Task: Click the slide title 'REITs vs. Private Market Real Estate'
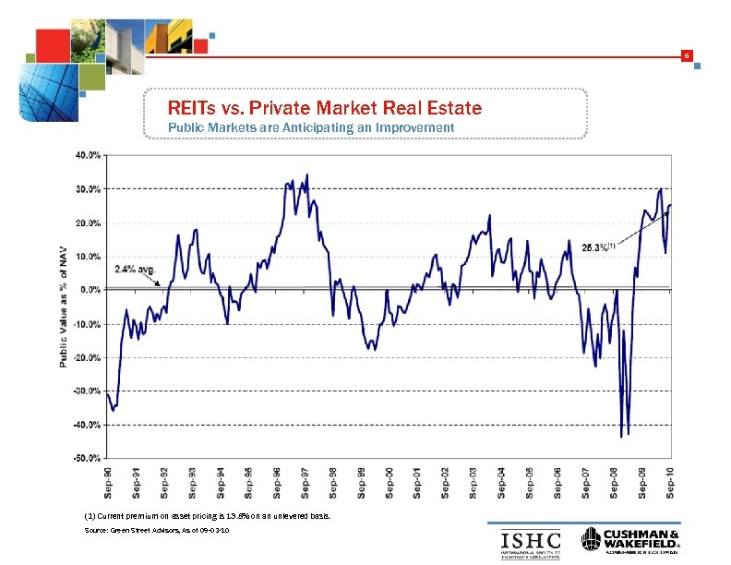[x=324, y=109]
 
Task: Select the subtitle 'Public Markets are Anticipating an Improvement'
[x=310, y=126]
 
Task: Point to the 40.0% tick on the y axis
[x=89, y=155]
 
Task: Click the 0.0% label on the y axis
[x=90, y=290]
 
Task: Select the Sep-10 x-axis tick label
[x=670, y=482]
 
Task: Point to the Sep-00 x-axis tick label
[x=389, y=482]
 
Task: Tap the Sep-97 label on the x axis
[x=305, y=482]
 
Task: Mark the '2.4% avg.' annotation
[x=137, y=270]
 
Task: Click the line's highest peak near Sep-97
[x=307, y=174]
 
